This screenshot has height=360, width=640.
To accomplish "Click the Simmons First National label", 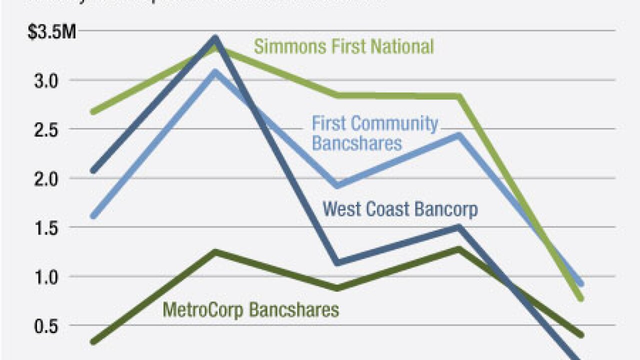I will point(343,47).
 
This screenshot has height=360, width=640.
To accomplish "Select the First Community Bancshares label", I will point(375,133).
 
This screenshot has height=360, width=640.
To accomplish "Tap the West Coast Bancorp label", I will point(400,208).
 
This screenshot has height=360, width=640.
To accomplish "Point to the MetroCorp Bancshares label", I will point(251,310).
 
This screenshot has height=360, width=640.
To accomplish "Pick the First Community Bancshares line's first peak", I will point(215,71).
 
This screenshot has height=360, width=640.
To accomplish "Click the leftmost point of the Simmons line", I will point(93,111).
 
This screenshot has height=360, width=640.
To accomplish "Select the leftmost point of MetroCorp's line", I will point(93,342).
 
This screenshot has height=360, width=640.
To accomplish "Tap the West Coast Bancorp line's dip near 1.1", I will point(337,262).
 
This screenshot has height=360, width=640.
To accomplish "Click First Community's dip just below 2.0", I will point(337,186).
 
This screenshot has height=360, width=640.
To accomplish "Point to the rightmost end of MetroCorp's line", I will point(580,334).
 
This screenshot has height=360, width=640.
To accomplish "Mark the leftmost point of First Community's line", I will point(93,216).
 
